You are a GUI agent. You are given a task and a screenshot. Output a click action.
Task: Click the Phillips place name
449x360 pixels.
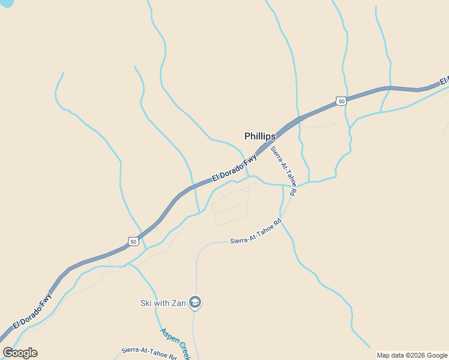point(260,136)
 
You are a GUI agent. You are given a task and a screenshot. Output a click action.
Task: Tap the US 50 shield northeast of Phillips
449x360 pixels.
point(341,101)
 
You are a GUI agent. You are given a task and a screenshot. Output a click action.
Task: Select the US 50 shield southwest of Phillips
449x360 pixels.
point(133,241)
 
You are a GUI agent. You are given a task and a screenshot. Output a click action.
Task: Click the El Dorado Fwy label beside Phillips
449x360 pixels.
point(234,168)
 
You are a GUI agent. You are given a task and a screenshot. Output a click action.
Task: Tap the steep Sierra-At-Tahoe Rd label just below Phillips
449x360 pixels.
point(283,171)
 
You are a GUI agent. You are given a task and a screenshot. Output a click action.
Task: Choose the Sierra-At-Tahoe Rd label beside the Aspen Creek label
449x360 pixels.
point(148,353)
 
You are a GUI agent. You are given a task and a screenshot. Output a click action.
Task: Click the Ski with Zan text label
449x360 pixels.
point(163,302)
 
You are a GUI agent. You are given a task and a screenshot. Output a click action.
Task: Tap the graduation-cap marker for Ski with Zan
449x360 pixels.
point(194,302)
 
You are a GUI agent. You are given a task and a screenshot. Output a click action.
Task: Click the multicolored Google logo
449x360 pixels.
point(20,353)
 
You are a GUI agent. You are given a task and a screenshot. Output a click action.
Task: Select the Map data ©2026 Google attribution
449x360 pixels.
point(412,355)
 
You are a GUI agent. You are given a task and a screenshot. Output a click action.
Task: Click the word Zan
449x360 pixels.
point(177,302)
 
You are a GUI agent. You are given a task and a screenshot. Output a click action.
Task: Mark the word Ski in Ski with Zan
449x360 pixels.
point(146,302)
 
